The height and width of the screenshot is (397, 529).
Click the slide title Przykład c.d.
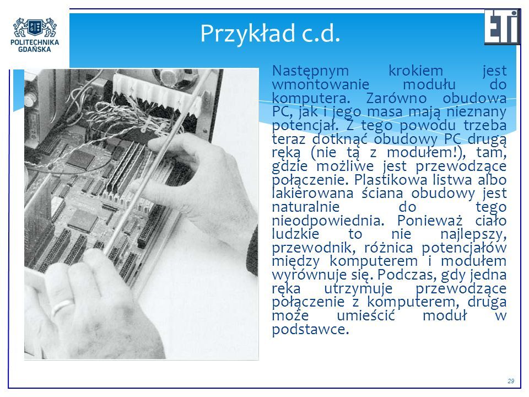click(270, 34)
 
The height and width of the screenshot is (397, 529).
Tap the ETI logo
click(502, 26)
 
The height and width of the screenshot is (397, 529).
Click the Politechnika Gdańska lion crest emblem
click(35, 28)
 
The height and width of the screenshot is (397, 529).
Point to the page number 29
click(511, 381)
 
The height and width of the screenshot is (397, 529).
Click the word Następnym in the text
click(310, 71)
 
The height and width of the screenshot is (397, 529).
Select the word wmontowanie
click(321, 84)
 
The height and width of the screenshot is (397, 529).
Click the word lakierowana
click(312, 193)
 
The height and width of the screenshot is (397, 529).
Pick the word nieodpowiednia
click(328, 221)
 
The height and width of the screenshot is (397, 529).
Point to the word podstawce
click(310, 330)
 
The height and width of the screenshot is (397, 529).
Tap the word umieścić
click(366, 315)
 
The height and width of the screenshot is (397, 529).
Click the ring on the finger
click(63, 306)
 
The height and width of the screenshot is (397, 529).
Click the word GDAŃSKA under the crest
click(35, 49)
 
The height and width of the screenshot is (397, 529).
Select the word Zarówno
click(396, 98)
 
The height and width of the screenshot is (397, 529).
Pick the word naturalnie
click(306, 207)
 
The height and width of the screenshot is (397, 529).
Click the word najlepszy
click(473, 234)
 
